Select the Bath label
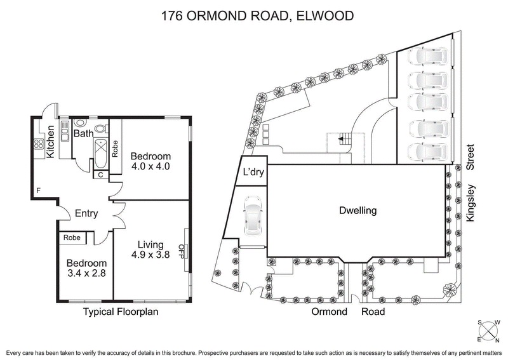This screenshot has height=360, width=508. click(83, 134)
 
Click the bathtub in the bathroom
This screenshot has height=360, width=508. click(100, 152)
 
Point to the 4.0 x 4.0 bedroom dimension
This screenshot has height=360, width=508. click(150, 168)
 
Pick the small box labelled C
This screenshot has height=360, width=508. click(100, 175)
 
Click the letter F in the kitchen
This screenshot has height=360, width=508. click(39, 190)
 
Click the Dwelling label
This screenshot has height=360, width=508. click(358, 210)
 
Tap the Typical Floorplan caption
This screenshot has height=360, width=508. click(121, 312)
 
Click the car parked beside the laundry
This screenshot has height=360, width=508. click(252, 215)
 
